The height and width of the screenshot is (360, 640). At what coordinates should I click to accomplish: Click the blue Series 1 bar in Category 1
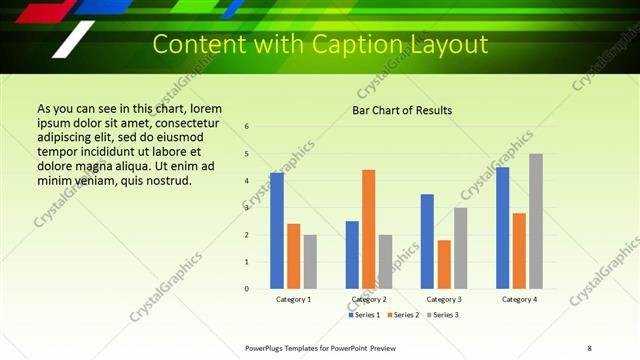tap(277, 231)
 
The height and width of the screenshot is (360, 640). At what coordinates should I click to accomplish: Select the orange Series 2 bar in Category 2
tap(369, 229)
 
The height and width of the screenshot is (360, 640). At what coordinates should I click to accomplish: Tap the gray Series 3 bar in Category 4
tap(536, 221)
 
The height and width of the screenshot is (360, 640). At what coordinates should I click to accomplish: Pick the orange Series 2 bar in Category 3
tap(444, 264)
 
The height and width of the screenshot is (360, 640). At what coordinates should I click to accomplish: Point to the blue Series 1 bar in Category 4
tap(503, 228)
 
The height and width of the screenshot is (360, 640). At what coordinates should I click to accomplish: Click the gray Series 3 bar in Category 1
tap(310, 262)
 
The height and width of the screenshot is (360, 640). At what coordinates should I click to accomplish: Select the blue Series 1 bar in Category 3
tap(427, 241)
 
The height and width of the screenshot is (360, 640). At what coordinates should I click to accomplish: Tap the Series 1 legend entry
tap(364, 315)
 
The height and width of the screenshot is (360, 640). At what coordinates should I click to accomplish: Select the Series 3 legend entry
tap(441, 315)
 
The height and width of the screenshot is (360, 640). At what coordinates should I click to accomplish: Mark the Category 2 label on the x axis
tap(369, 299)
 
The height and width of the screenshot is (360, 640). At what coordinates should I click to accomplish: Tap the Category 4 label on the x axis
tap(519, 299)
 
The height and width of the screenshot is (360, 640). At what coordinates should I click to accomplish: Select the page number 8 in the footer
tap(589, 348)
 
